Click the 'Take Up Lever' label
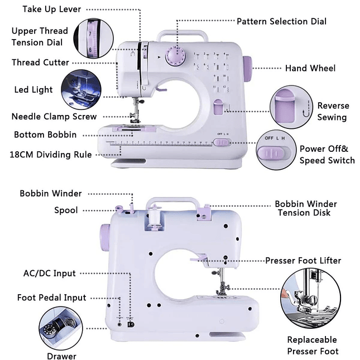(51, 9)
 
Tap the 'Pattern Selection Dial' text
(281, 21)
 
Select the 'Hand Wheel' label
(310, 68)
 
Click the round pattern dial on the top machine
(177, 57)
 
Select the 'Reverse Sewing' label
(333, 111)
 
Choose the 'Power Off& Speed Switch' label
(327, 155)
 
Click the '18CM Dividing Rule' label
(51, 155)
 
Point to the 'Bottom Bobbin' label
(45, 135)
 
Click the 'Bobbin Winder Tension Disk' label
(305, 208)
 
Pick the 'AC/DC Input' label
(49, 273)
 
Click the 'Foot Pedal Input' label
(51, 297)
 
